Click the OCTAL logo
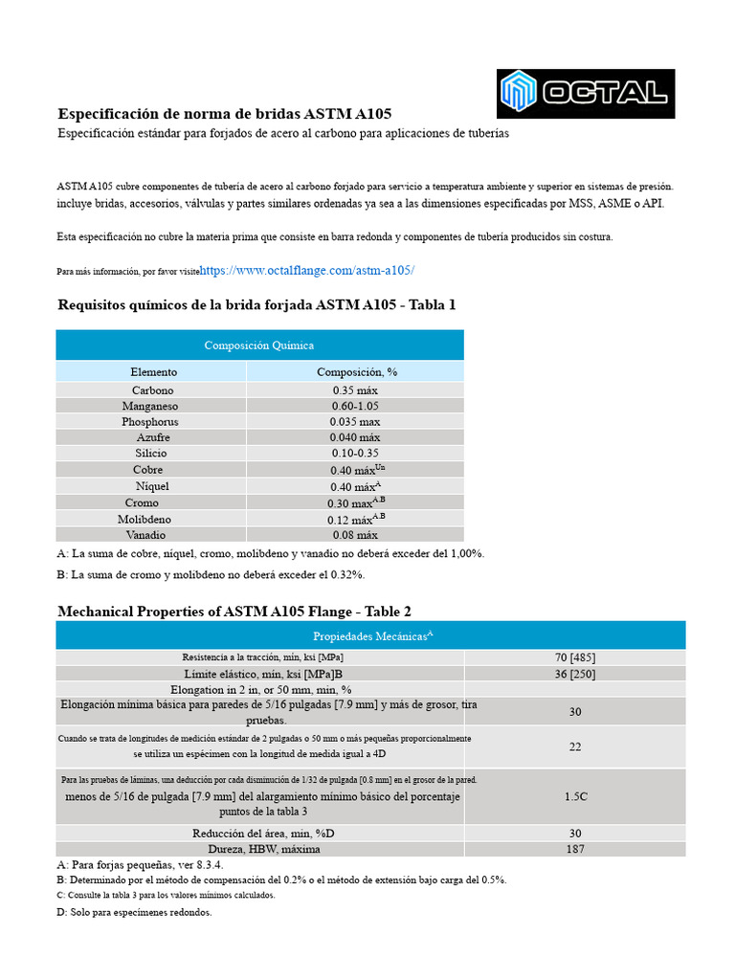(586, 93)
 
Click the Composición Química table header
(259, 345)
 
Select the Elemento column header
(153, 371)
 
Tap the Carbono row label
(153, 390)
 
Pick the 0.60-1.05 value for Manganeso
(356, 406)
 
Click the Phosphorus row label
(150, 422)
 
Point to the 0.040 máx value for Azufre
(356, 437)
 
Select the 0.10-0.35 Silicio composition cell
(356, 453)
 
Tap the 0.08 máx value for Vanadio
(356, 535)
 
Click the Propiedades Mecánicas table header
(371, 635)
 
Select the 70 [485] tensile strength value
(574, 657)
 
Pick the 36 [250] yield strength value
(574, 674)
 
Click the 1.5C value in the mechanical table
(574, 796)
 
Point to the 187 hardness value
(574, 849)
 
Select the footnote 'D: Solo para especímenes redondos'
(135, 912)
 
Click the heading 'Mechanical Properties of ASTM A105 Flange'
(234, 612)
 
